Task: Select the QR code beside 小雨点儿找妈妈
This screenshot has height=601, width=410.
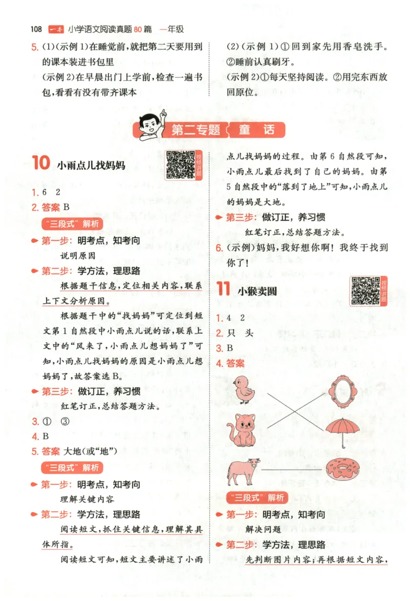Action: pyautogui.click(x=180, y=164)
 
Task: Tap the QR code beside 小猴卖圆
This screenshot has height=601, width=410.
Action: pyautogui.click(x=365, y=291)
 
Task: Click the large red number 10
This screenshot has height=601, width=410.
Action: pyautogui.click(x=41, y=164)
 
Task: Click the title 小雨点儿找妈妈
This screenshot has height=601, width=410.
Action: pyautogui.click(x=92, y=165)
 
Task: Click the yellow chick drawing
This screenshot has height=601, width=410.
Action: pyautogui.click(x=244, y=389)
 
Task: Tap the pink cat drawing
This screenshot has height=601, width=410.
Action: pyautogui.click(x=242, y=429)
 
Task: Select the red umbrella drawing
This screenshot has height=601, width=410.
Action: pyautogui.click(x=342, y=429)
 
